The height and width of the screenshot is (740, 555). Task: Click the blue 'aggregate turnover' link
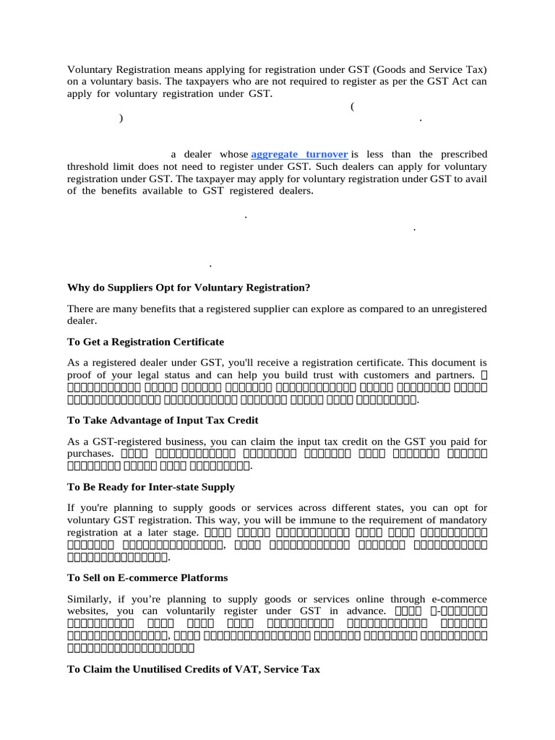click(x=299, y=155)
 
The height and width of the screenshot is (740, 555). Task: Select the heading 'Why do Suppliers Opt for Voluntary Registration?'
click(x=189, y=288)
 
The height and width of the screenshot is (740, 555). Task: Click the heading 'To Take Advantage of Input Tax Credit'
click(x=163, y=420)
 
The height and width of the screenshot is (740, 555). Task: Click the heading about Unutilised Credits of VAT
click(x=194, y=670)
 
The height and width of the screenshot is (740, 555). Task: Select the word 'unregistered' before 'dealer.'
click(x=457, y=309)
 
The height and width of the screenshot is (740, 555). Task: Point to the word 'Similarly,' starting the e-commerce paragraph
click(x=90, y=600)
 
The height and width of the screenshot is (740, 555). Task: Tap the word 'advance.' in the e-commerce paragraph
click(x=368, y=611)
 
